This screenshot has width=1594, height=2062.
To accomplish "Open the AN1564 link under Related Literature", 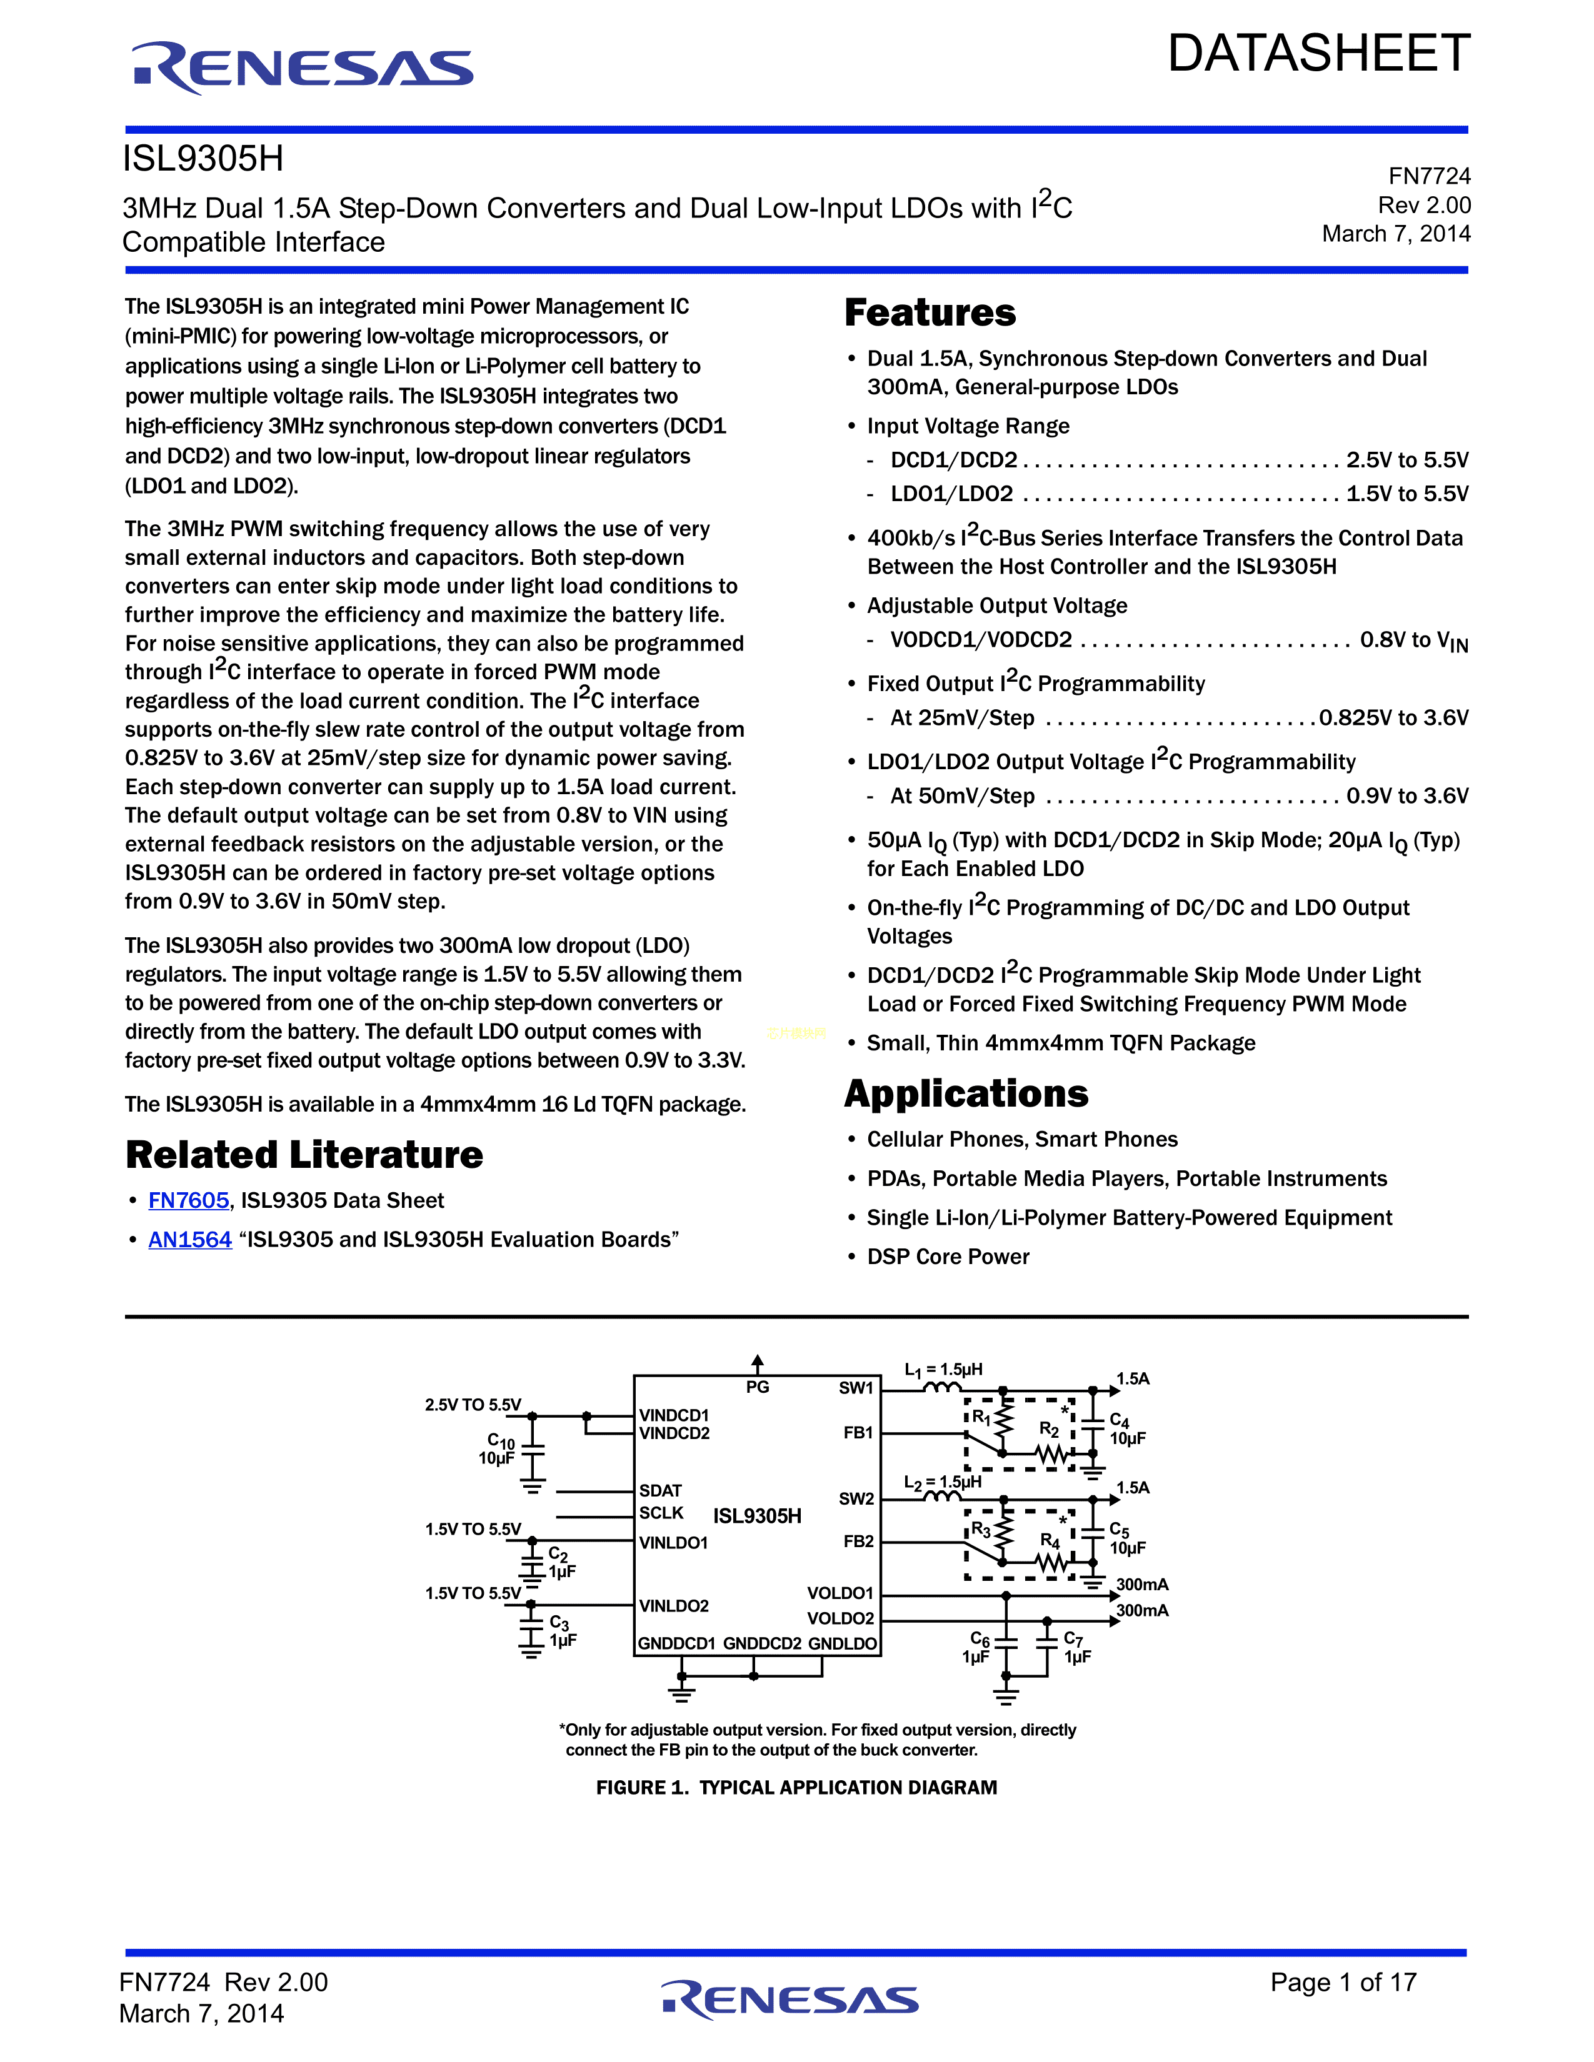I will click(x=190, y=1240).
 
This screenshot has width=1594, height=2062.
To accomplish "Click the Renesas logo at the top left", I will click(x=302, y=68).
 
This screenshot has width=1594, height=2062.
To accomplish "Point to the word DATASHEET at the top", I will click(x=1318, y=53).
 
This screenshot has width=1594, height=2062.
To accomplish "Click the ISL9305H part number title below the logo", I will click(x=203, y=159).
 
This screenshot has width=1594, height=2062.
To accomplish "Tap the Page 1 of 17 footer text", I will click(x=1343, y=1982).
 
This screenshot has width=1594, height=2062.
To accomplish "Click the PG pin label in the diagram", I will click(x=758, y=1387).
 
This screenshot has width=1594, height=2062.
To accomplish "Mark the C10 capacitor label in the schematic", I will click(x=501, y=1441).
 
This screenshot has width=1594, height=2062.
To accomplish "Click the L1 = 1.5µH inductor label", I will click(x=943, y=1370).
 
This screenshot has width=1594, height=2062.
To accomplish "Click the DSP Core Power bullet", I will click(x=948, y=1257).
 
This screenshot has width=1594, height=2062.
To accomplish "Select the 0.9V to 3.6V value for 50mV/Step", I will click(x=1407, y=796).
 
